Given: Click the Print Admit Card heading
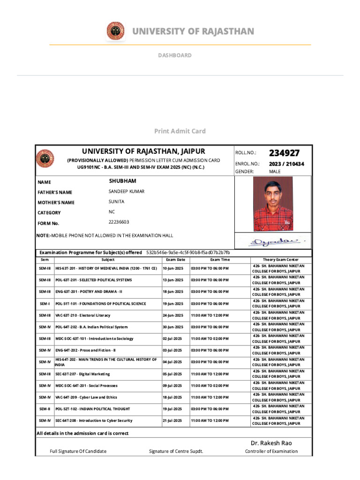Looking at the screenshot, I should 180,131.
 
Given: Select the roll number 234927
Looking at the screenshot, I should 284,153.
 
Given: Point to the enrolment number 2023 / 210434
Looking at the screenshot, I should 286,164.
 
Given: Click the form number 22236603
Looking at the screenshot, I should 119,222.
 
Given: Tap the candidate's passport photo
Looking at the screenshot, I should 273,204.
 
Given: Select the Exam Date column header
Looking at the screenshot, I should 175,260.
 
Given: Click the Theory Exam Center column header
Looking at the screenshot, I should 281,260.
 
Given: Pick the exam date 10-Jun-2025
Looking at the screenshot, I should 173,268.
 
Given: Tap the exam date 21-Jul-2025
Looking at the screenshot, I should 173,421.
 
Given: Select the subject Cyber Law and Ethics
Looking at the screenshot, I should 86,397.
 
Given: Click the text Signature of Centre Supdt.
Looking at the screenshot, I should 176,451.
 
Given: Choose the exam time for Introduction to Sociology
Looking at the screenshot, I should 210,338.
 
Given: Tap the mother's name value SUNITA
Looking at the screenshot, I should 117,202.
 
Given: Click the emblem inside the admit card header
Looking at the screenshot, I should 45,159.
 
